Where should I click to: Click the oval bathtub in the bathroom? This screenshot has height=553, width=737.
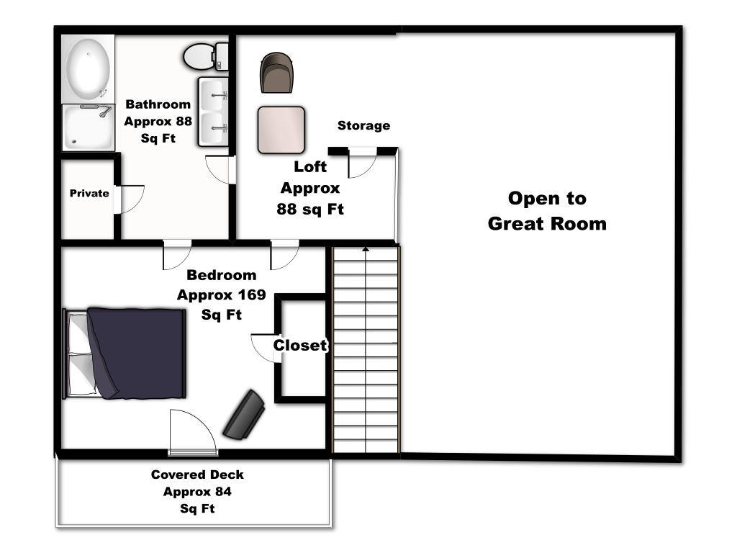[x=88, y=69]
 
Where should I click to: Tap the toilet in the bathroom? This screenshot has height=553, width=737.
[x=205, y=56]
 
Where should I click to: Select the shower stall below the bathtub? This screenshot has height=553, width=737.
[x=89, y=127]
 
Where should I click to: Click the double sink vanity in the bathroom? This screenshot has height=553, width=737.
[x=213, y=112]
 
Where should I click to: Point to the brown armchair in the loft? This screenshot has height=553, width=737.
[x=276, y=73]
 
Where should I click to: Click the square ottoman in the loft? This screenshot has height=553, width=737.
[x=281, y=130]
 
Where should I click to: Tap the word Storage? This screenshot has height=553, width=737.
[x=363, y=125]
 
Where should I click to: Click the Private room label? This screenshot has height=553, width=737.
[x=89, y=193]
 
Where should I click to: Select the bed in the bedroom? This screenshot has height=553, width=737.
[x=124, y=354]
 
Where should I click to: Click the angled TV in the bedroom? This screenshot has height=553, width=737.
[x=244, y=415]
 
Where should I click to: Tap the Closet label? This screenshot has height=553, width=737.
[x=300, y=345]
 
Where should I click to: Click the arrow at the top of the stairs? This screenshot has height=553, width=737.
[x=365, y=249]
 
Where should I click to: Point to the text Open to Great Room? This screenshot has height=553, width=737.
[x=547, y=211]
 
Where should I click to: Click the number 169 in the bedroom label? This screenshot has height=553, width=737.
[x=251, y=295]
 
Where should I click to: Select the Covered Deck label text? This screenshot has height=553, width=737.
[x=197, y=491]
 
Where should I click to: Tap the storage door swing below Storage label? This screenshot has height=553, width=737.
[x=363, y=163]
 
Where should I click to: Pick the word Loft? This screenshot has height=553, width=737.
[x=310, y=166]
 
